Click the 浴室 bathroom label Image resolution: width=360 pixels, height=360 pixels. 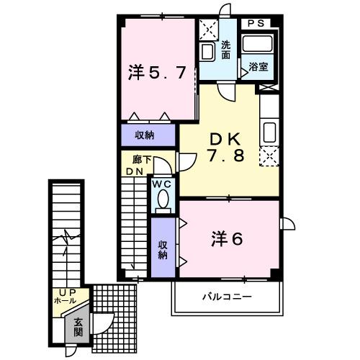(259, 67)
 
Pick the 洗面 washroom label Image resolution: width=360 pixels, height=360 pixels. (225, 49)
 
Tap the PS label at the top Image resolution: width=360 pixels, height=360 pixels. (256, 23)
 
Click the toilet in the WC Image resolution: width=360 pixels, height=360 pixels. (163, 202)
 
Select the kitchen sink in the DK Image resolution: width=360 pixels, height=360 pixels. (269, 133)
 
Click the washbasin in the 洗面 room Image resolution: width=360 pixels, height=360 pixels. (207, 52)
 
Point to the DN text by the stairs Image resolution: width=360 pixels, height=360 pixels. (135, 171)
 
